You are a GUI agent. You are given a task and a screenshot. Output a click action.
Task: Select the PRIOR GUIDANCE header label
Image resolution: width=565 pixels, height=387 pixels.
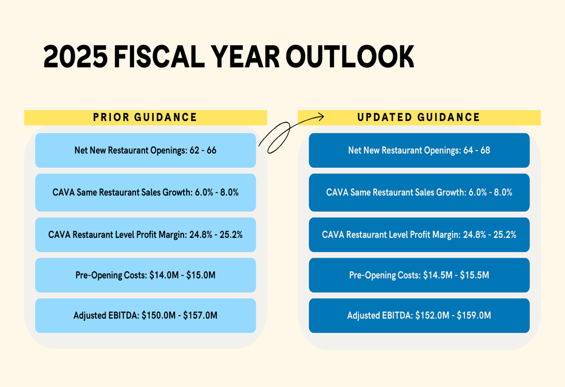tap(145, 118)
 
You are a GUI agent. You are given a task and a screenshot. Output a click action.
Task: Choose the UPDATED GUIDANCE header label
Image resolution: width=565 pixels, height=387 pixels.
tap(419, 118)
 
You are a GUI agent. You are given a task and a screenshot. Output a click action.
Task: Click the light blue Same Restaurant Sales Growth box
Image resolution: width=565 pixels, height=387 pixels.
tap(145, 192)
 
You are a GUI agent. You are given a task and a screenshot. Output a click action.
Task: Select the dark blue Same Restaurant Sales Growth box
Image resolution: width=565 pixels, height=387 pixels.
tap(419, 192)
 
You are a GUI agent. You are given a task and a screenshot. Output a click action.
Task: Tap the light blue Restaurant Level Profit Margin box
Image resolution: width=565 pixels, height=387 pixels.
tap(145, 234)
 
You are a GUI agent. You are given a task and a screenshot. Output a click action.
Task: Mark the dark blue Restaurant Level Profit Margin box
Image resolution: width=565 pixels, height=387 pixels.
tap(419, 234)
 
